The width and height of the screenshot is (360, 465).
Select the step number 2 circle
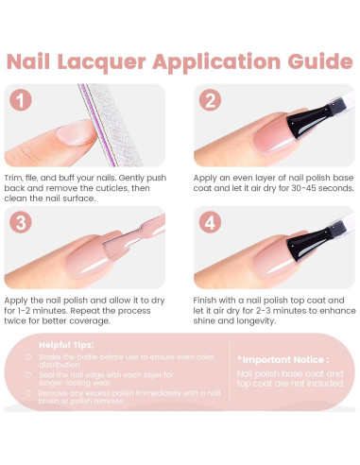tap(208, 100)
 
